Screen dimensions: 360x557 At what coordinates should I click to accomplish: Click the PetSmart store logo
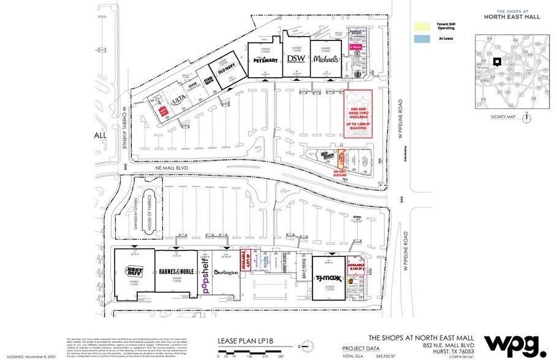click(265, 61)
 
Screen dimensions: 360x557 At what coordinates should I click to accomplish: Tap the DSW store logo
click(296, 59)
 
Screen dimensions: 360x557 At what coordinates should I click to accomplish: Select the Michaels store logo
click(326, 59)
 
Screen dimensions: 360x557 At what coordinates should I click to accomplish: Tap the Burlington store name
click(226, 272)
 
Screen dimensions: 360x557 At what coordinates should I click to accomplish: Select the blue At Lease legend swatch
click(422, 38)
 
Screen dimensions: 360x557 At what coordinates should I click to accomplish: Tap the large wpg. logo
click(513, 344)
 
